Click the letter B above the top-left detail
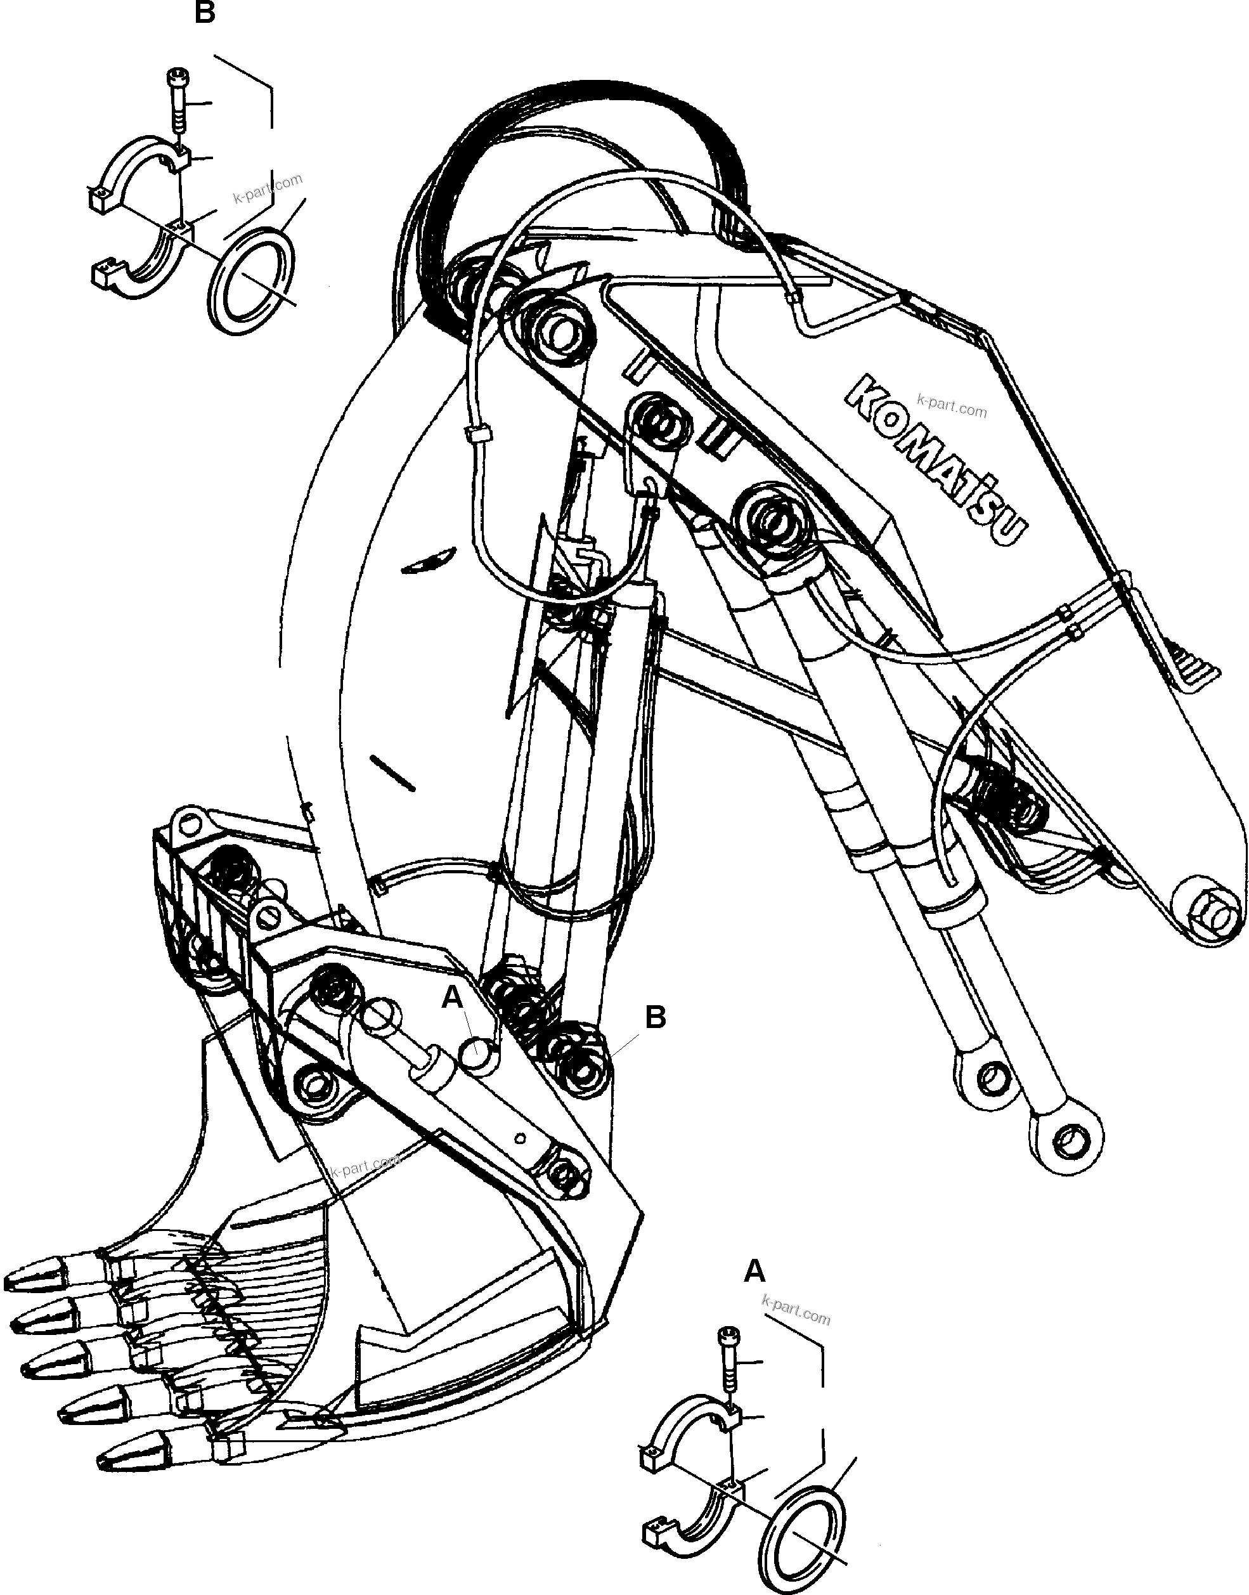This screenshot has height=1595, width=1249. point(205,13)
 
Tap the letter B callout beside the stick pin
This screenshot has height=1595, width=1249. point(655,1017)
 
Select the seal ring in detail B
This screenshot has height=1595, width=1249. point(253,280)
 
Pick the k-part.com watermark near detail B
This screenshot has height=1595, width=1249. point(268,190)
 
